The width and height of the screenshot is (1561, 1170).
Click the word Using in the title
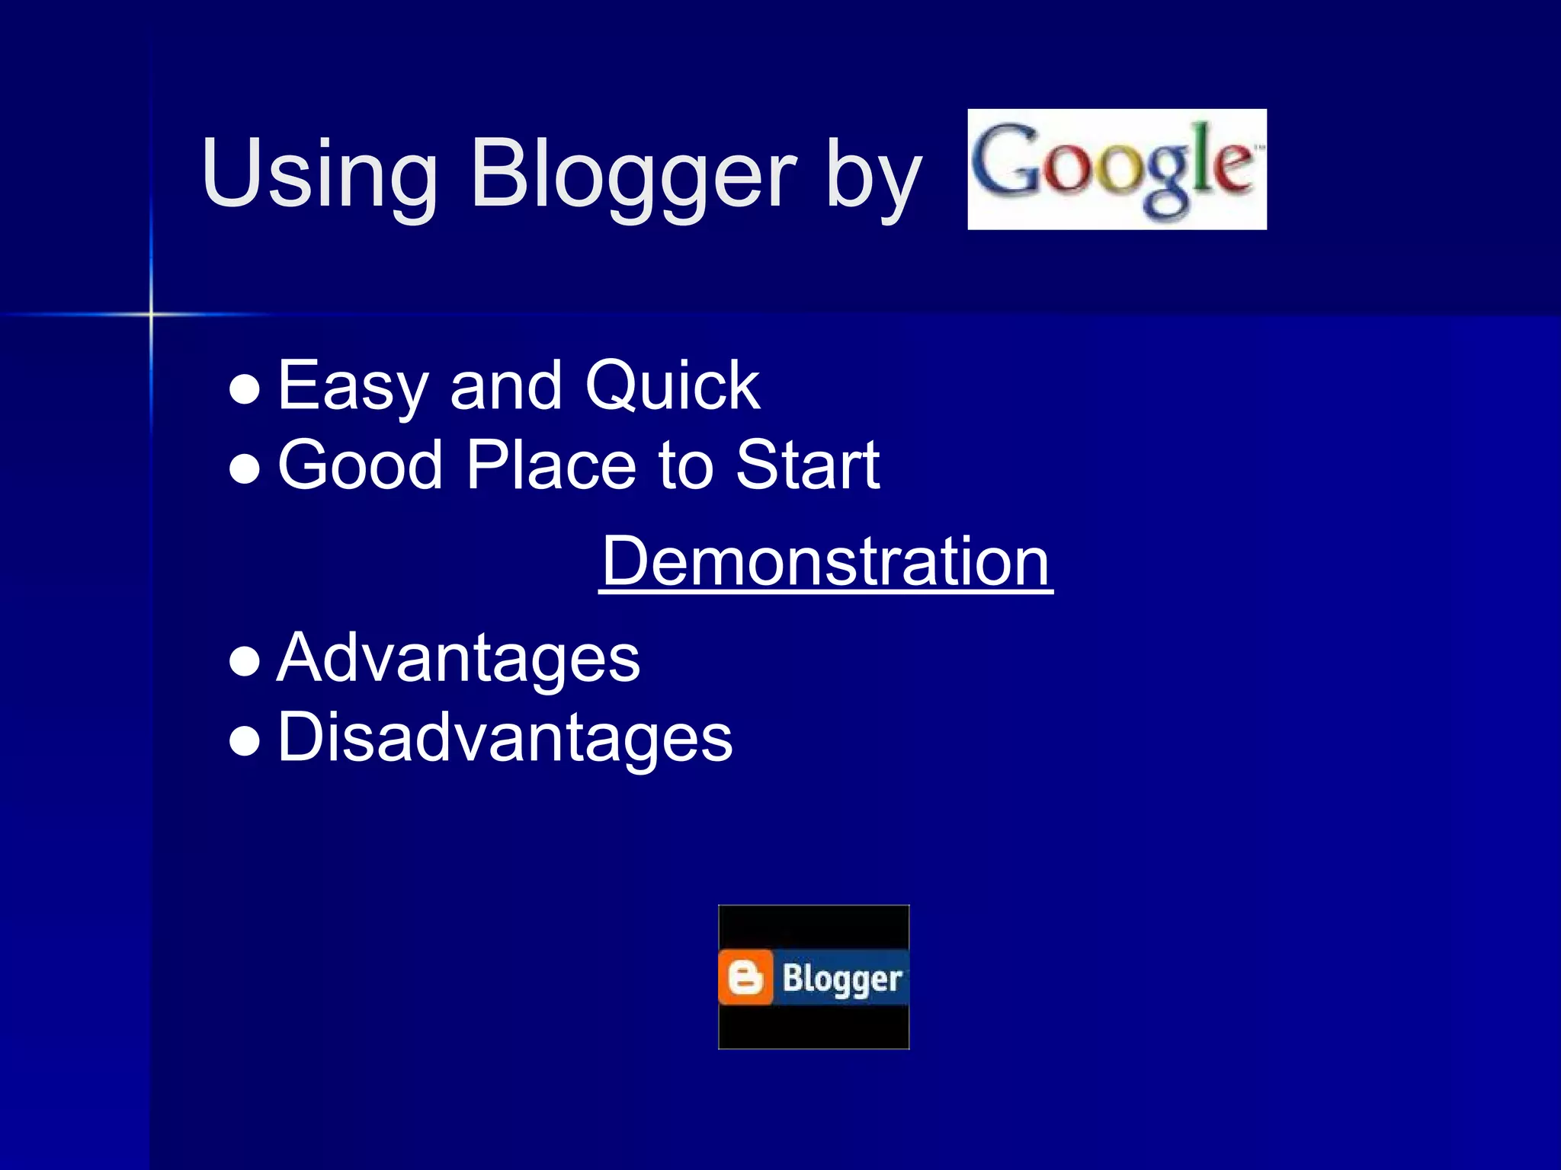coord(319,174)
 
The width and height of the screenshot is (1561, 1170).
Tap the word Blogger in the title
coord(633,174)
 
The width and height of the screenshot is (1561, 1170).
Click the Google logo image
coord(1117,169)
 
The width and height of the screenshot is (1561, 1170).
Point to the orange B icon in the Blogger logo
coord(745,977)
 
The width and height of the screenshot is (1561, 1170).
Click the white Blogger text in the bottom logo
coord(842,979)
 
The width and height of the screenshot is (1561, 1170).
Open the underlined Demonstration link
coord(825,561)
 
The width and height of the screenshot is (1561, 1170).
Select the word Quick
coord(672,387)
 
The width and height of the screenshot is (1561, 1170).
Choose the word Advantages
coord(457,659)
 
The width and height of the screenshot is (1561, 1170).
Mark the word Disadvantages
coord(504,737)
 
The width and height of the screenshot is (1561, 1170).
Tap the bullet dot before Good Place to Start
coord(245,469)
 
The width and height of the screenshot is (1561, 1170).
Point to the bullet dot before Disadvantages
coord(245,740)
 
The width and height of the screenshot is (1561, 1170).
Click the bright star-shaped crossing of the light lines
coord(151,314)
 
